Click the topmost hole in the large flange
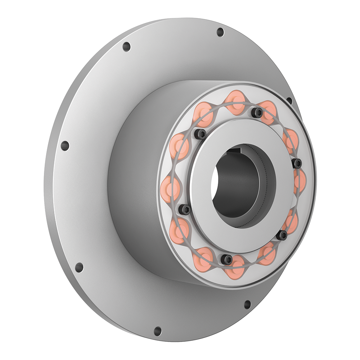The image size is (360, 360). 220,32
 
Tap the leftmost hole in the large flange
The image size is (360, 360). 65,146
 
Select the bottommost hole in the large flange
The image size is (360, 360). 157,331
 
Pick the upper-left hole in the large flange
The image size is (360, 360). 126,47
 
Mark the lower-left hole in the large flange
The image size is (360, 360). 79,267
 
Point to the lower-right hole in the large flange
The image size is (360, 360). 248,305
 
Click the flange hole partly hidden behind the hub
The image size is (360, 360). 289,101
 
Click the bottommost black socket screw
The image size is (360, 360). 227,258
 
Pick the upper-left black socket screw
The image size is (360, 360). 201,134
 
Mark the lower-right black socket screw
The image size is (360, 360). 283,235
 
